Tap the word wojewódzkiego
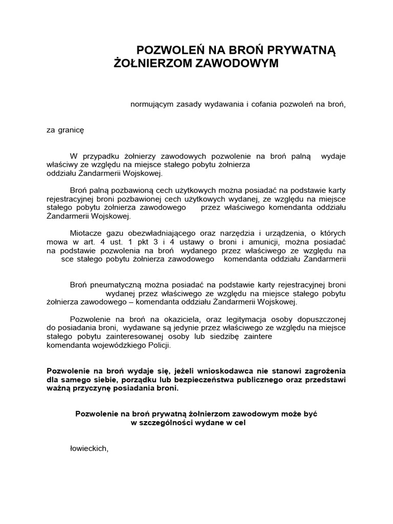(113, 345)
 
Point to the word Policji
(156, 345)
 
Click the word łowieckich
(89, 448)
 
